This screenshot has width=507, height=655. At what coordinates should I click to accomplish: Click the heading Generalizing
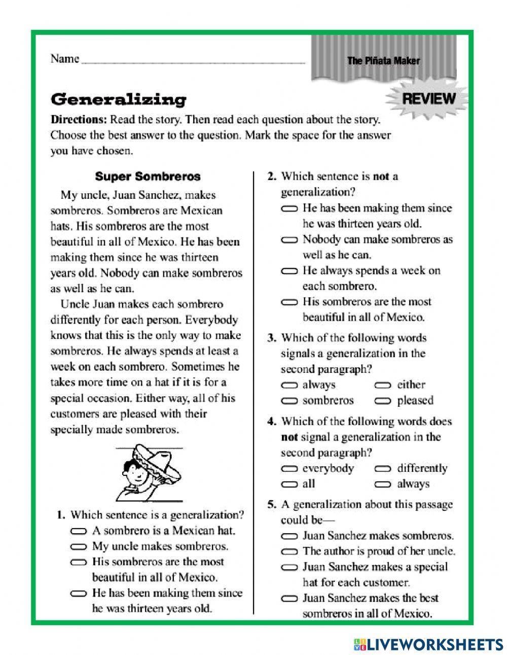click(x=119, y=99)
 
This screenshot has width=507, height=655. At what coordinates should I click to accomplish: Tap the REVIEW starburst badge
click(x=428, y=98)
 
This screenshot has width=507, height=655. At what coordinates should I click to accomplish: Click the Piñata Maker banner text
click(x=383, y=61)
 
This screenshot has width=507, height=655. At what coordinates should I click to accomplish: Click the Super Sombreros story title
click(x=148, y=177)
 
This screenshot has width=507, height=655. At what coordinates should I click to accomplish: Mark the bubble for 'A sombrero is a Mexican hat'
click(x=79, y=531)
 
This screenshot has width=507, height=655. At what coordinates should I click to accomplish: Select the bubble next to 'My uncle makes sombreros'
click(x=79, y=547)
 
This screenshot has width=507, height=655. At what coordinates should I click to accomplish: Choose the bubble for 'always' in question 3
click(x=289, y=386)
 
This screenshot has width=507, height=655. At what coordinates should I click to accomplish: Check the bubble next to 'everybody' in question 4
click(x=289, y=469)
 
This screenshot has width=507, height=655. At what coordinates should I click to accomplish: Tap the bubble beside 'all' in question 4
click(x=289, y=485)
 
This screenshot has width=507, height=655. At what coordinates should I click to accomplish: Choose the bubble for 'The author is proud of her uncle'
click(x=289, y=551)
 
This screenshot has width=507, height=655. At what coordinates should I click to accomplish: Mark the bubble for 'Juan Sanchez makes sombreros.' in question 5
click(x=289, y=536)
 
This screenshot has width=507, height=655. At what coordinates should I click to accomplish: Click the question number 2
click(x=272, y=177)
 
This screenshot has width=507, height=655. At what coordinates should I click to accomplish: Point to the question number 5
click(x=272, y=505)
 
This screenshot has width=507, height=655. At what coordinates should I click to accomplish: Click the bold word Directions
click(x=79, y=121)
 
